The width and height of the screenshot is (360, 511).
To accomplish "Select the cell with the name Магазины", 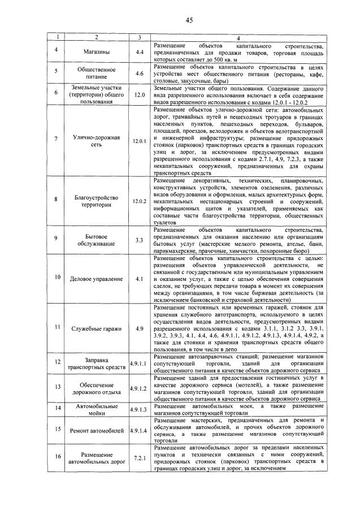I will click(96, 52).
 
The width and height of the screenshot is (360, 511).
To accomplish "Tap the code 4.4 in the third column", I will click(139, 52).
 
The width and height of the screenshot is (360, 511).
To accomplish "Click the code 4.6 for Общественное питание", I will click(139, 73).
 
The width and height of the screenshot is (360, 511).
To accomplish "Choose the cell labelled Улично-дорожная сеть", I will click(96, 140).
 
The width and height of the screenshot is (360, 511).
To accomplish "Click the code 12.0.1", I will click(139, 140).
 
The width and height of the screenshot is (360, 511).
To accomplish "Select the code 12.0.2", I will click(139, 201).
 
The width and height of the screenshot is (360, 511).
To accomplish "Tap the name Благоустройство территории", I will click(96, 201).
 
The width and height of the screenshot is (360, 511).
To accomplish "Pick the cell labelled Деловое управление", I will click(96, 279).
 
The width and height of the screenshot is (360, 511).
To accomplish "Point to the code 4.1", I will click(139, 279).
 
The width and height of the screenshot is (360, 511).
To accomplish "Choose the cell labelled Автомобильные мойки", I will click(96, 410).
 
